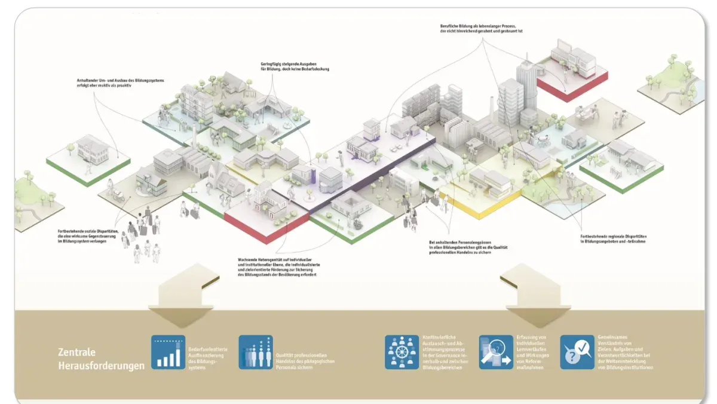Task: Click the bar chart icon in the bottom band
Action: coord(168,352)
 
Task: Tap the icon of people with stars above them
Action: coord(256,352)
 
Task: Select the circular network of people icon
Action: coord(402,352)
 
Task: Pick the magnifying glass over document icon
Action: coord(496,352)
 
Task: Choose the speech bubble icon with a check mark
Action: coord(577,352)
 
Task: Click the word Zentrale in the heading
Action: coord(76,352)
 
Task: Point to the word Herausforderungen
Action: coord(101,365)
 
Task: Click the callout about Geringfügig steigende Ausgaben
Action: coord(295,66)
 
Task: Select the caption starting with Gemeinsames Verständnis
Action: coord(617,352)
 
